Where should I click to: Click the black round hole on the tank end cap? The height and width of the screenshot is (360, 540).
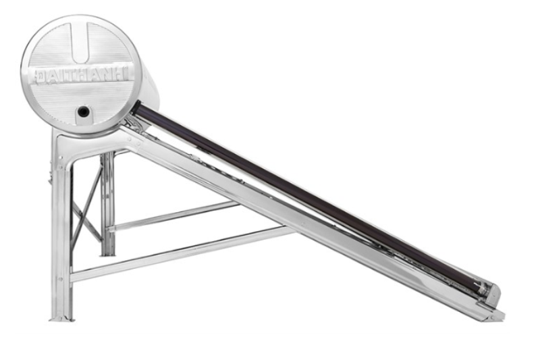coord(83,111)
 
